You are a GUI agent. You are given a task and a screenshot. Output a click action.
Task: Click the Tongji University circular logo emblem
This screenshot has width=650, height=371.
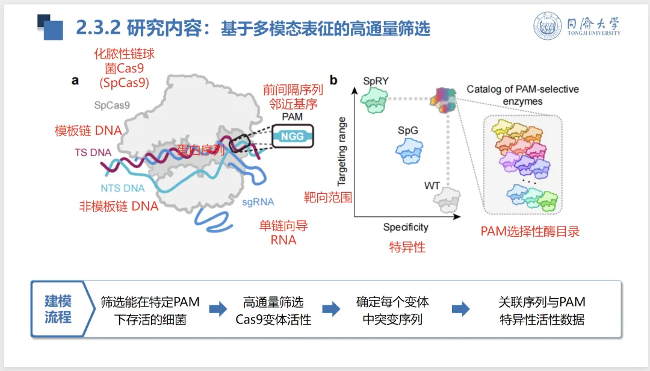547,26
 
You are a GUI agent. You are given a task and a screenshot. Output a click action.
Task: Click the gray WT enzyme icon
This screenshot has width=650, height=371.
448,198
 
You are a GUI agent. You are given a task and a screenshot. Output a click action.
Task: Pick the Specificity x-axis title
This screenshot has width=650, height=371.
406,227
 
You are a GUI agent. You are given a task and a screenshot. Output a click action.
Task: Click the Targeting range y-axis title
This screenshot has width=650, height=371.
343,151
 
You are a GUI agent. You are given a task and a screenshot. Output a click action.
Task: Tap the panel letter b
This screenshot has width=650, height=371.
333,80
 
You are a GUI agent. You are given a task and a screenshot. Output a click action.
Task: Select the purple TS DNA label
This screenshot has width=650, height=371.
93,152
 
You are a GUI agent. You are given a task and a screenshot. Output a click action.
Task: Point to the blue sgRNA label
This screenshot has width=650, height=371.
258,201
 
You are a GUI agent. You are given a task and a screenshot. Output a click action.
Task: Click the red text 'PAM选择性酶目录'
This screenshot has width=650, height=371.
530,231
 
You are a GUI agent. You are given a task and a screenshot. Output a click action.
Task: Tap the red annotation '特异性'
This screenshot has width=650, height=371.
407,247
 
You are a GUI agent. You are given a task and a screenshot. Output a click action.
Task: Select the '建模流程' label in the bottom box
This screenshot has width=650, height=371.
58,309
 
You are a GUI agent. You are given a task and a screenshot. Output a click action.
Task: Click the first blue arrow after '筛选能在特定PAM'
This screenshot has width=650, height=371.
217,310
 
